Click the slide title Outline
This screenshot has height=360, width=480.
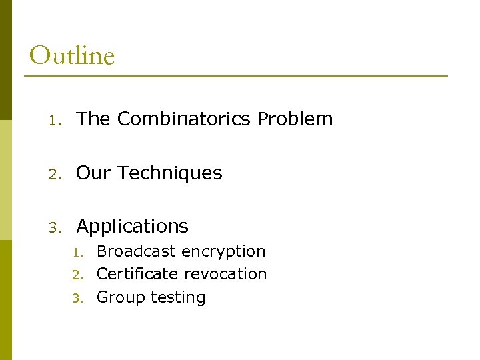(72, 55)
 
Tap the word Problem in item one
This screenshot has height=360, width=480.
(295, 119)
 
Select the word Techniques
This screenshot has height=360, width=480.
(170, 173)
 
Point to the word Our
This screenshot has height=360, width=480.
(93, 173)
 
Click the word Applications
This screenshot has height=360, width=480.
(133, 227)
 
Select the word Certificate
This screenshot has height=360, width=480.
(137, 274)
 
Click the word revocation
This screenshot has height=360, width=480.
(225, 274)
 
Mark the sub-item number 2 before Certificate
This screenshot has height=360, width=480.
(77, 275)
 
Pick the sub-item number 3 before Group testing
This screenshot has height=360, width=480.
(77, 298)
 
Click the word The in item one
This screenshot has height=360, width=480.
(93, 119)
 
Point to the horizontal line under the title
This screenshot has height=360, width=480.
(236, 76)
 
